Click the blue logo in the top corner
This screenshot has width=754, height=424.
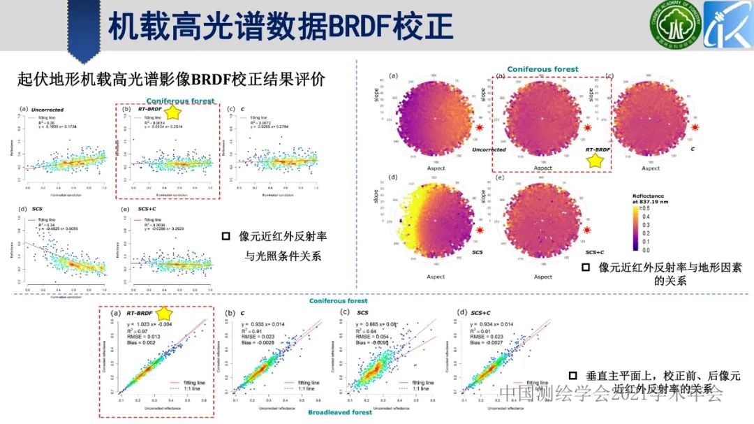tap(727, 26)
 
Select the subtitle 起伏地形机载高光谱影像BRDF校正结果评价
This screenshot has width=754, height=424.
tap(171, 78)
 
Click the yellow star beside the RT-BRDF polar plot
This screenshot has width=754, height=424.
tap(596, 161)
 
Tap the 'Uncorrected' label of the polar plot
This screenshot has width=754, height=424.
tap(489, 149)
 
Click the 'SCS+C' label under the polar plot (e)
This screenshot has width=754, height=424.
tap(595, 251)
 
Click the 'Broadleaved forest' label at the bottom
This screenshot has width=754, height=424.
tap(340, 413)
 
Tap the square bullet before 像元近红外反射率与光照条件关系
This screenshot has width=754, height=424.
tap(226, 237)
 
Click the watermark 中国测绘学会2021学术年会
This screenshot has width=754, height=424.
tap(611, 395)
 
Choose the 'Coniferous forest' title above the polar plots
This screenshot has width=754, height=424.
tap(542, 69)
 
